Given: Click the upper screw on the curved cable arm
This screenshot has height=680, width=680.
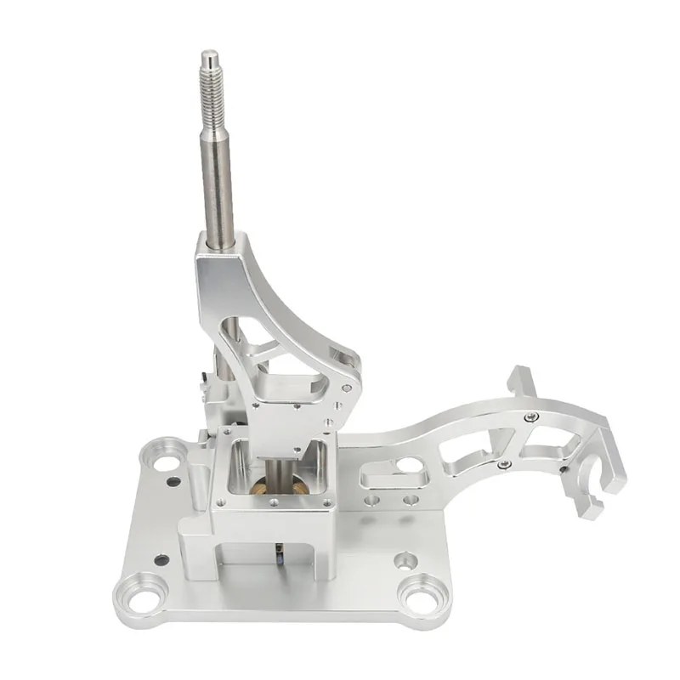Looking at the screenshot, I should (530, 416).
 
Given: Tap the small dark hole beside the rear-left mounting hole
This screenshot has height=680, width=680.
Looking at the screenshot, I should (174, 481).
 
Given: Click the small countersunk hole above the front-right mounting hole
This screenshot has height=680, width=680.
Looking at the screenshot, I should (406, 560).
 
